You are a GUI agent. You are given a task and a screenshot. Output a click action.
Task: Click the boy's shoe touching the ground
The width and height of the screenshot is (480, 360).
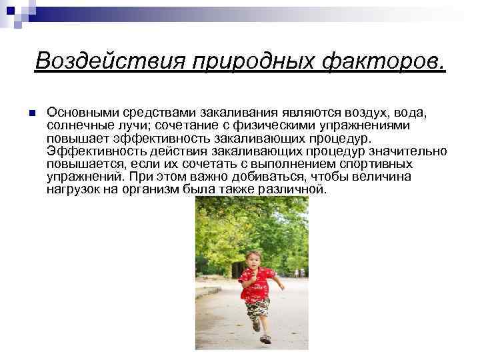[x=265, y=339]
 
